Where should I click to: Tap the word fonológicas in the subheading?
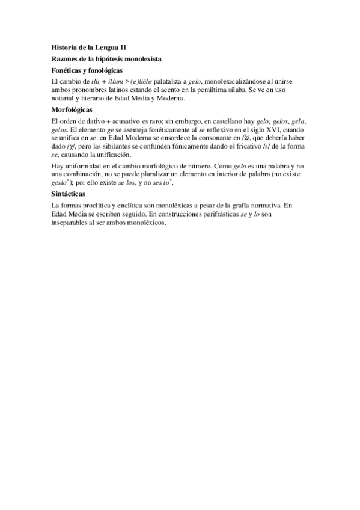point(103,70)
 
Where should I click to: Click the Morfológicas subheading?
point(72,110)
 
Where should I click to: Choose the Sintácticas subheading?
point(69,195)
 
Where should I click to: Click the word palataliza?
point(164,81)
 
